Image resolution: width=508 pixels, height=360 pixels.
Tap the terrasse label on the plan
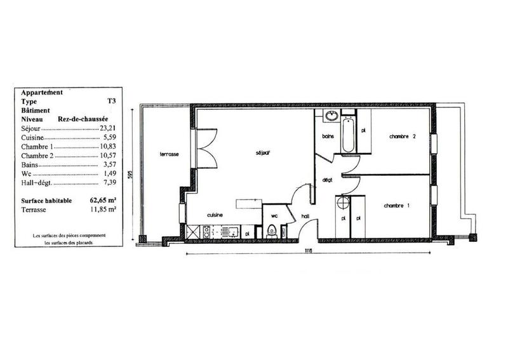tap(168, 154)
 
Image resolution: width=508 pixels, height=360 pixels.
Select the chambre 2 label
tap(403, 137)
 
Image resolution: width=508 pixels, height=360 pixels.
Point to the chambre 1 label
tap(395, 205)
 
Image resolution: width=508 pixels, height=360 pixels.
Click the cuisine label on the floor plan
tap(214, 215)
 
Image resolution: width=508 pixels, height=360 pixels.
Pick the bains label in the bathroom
tap(328, 137)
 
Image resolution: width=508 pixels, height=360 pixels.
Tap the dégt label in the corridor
tap(328, 180)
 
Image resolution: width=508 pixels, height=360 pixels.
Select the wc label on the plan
tap(274, 215)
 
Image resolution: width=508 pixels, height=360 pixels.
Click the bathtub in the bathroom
tap(348, 134)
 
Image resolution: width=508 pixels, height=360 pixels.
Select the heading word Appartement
tap(42, 92)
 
